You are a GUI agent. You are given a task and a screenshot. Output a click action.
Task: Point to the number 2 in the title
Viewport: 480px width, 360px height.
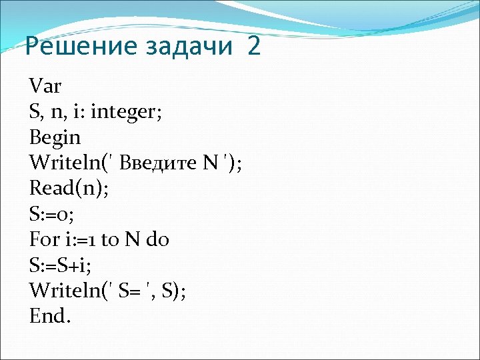pos(253,47)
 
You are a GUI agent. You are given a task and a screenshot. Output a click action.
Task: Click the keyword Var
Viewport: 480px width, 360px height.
pos(45,86)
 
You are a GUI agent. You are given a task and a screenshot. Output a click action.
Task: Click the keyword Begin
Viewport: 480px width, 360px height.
pos(55,137)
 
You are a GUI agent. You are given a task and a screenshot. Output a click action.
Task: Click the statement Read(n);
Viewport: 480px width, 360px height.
pos(68,187)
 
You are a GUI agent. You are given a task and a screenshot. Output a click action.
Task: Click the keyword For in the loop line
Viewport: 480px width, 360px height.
pos(44,238)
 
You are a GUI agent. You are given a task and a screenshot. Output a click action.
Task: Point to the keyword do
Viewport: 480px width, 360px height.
pos(158,238)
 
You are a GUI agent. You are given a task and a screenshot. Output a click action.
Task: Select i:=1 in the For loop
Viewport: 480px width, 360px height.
pos(78,238)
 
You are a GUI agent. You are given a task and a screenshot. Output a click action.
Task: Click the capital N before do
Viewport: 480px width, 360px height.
pos(132,238)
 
